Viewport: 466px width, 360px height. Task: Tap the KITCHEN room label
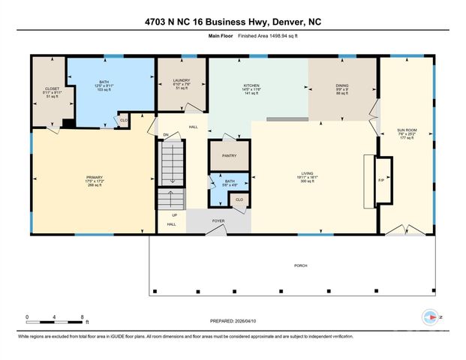251,85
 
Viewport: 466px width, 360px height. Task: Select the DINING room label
341,85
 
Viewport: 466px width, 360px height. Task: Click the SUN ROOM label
407,130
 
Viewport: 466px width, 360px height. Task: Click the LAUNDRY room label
181,80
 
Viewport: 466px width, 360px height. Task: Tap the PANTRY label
229,155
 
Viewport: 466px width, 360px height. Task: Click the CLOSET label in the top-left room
52,88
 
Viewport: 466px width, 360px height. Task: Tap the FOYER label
218,221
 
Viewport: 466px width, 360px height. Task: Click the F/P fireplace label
381,180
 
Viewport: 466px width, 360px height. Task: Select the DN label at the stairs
167,135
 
